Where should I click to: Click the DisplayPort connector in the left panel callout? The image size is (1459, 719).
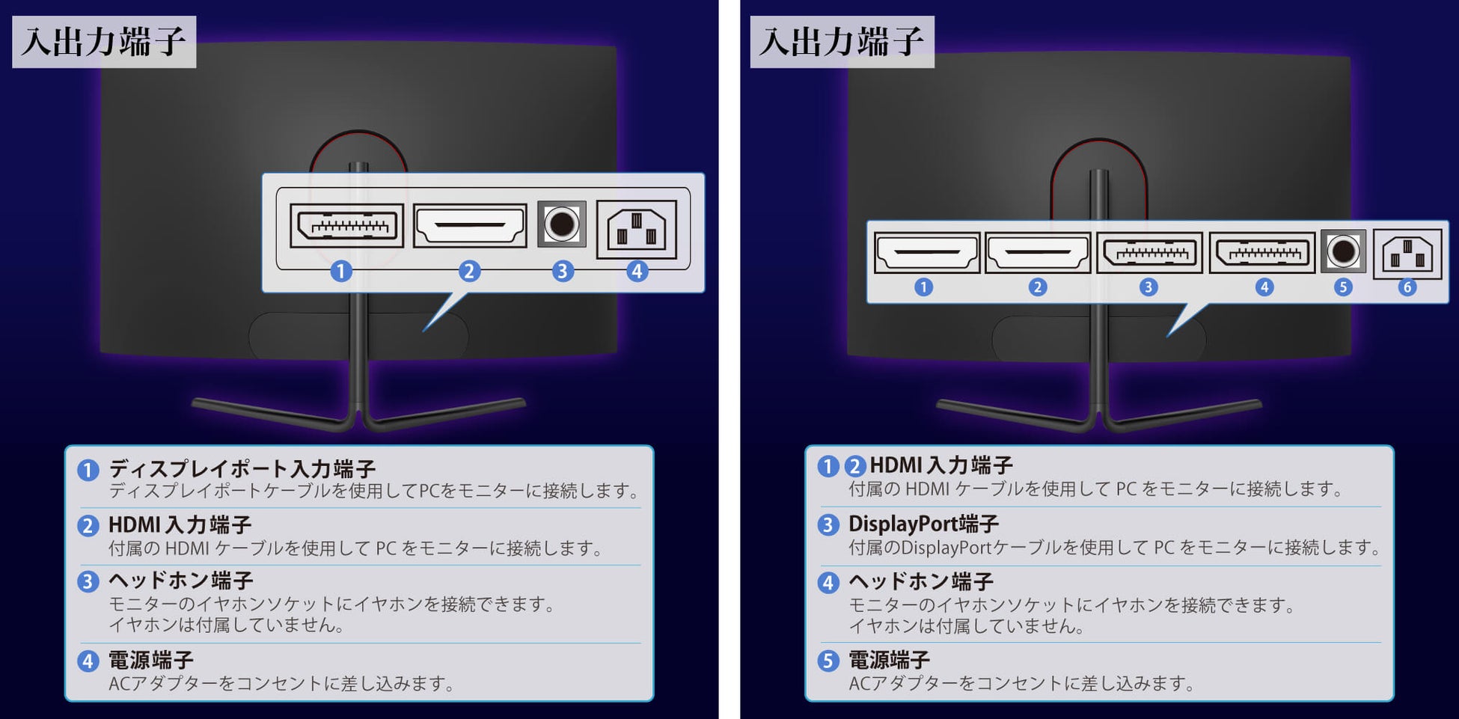346,225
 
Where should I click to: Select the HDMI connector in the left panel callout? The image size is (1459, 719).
469,225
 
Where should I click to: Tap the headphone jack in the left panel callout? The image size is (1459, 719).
562,224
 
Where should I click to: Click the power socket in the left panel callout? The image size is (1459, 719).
637,229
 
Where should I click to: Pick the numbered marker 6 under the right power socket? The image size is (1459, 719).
1407,287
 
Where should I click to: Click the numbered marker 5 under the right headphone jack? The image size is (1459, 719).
1343,287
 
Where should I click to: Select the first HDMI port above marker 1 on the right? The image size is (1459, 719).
927,253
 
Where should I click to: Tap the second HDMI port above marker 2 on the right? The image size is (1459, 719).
1037,253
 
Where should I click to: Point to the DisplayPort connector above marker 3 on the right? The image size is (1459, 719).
1150,253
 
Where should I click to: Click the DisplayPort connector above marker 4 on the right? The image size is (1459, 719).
1262,253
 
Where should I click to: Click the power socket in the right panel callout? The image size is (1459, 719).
1407,254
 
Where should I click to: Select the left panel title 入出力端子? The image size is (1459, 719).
104,42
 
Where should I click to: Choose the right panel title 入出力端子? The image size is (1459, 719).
842,42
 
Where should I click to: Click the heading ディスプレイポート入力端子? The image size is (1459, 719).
242,468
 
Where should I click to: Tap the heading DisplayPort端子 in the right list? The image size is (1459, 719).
923,524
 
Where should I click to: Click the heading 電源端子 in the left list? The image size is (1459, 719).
151,660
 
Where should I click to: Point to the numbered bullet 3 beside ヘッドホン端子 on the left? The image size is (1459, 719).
88,581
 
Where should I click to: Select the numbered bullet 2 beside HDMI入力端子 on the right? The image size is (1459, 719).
855,466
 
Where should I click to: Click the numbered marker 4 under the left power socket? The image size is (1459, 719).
637,271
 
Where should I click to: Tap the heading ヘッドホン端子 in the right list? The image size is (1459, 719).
921,581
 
